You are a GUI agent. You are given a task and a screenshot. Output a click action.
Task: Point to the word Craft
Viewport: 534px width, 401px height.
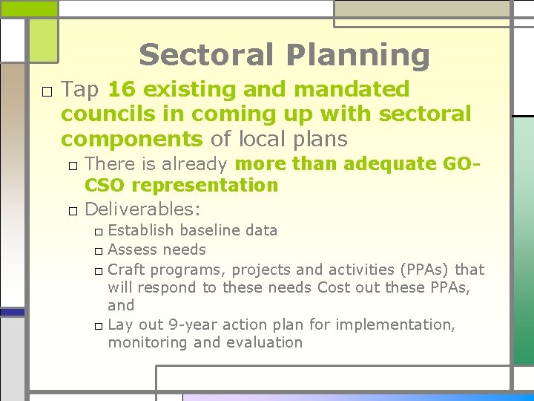coord(127,269)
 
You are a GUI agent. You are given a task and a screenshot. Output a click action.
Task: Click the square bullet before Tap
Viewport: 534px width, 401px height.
coord(47,91)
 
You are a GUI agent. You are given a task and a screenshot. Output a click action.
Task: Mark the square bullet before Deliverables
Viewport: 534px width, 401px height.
coord(73,210)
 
